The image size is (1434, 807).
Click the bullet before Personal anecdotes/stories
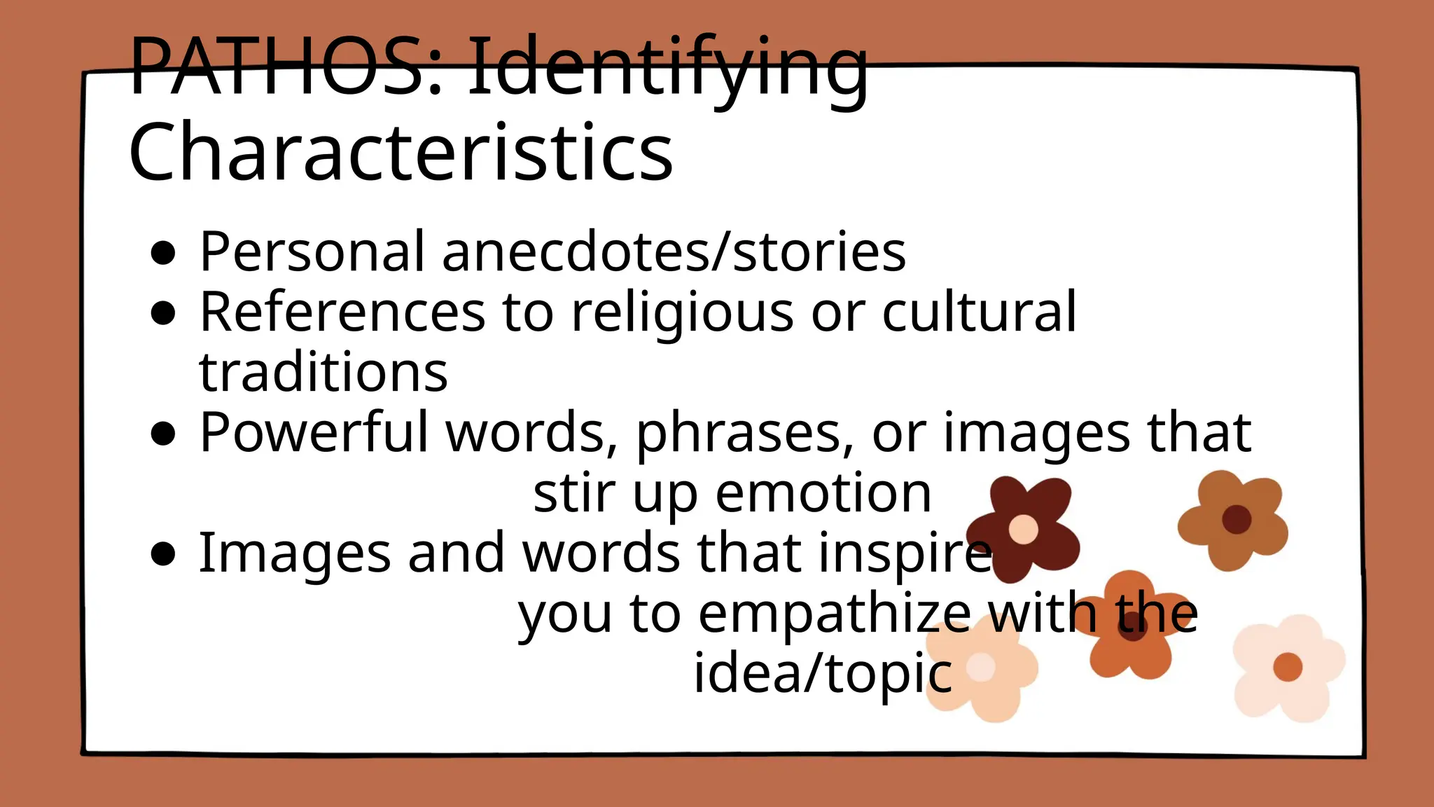pos(162,254)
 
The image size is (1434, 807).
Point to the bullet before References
pos(162,314)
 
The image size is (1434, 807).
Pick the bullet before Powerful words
pos(162,434)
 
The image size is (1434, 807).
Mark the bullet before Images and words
pos(162,554)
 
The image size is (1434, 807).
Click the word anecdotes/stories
pos(674,251)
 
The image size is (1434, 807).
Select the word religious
pos(683,313)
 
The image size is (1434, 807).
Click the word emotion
pos(823,493)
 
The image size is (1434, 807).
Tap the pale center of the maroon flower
pos(1023,529)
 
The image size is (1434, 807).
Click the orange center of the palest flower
pos(1287,666)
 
